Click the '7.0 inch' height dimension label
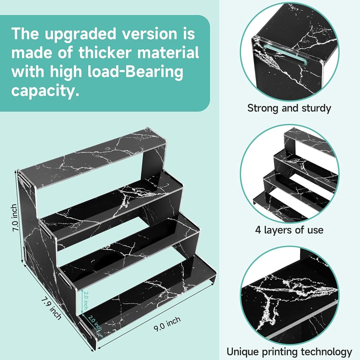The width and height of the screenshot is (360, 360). click(15, 218)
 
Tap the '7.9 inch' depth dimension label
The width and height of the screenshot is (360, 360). click(51, 309)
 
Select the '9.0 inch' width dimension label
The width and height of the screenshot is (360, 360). click(167, 324)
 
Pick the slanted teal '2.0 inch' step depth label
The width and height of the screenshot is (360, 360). click(95, 323)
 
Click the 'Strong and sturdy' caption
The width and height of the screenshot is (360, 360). click(289, 108)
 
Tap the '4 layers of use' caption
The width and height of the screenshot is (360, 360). click(289, 230)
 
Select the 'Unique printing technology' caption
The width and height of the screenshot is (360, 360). click(289, 351)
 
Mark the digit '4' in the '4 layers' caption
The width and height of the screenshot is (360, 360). click(258, 230)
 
